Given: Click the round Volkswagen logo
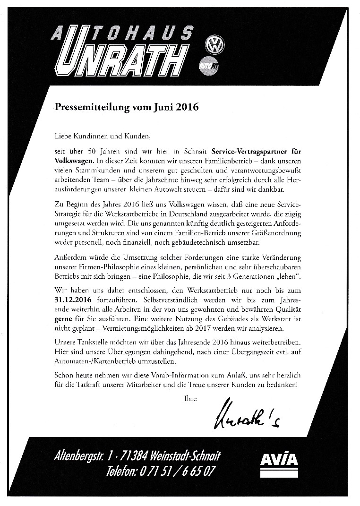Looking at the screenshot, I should coord(215,46).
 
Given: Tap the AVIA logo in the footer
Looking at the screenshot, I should coord(279,460).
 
